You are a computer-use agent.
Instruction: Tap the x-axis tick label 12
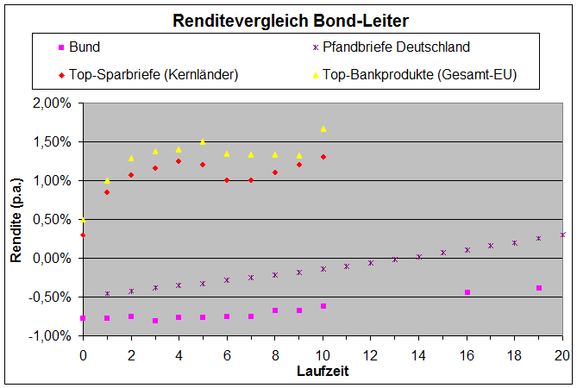(371, 354)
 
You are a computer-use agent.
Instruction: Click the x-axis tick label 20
(562, 354)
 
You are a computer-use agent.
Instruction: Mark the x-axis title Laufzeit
(323, 372)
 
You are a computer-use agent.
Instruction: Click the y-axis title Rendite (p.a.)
(16, 220)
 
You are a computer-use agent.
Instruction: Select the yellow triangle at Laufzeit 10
(323, 128)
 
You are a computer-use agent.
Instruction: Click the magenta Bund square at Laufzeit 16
(467, 292)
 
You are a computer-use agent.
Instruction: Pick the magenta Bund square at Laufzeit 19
(538, 288)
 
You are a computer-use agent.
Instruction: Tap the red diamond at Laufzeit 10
(323, 157)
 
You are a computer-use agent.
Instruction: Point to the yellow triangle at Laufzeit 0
(84, 219)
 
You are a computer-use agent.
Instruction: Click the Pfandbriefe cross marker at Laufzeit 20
(562, 235)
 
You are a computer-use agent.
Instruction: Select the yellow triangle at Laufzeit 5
(203, 141)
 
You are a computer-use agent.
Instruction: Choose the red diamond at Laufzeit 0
(84, 235)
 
